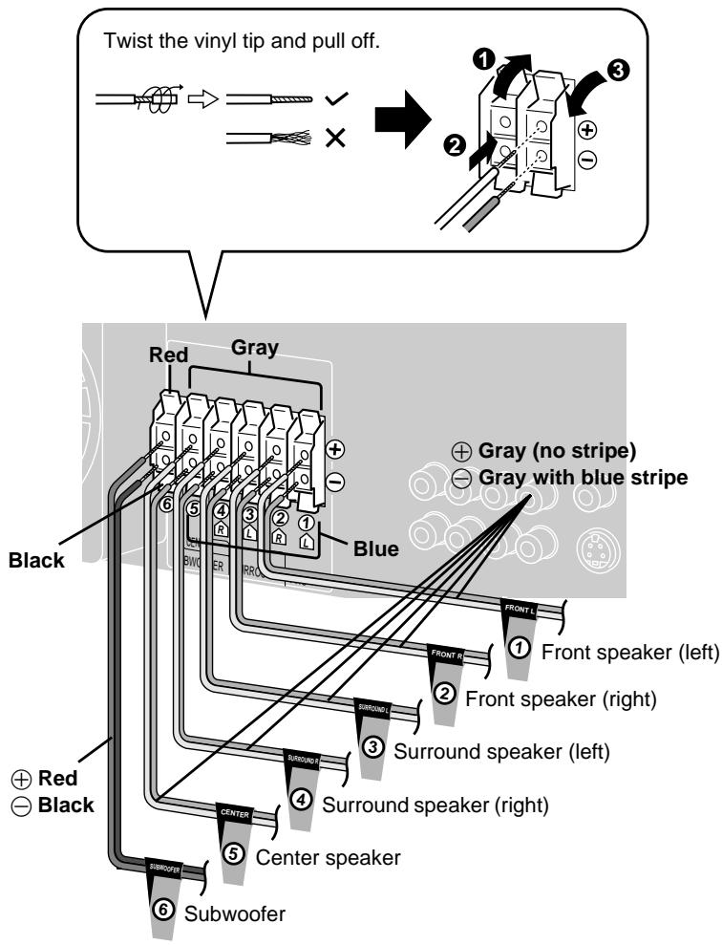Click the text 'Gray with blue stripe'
(x=593, y=478)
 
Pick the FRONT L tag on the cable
(x=524, y=606)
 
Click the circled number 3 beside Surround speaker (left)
(x=374, y=746)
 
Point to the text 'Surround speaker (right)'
(x=436, y=805)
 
